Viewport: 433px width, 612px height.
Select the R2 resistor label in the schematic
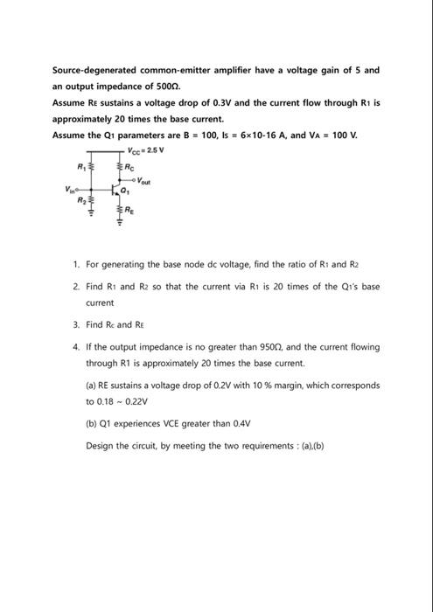84,201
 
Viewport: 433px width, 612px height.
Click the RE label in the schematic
131,211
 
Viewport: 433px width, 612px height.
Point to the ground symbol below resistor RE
121,230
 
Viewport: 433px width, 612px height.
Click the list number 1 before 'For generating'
76,263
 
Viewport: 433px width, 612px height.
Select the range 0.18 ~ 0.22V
116,402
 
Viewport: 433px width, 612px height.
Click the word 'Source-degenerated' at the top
91,69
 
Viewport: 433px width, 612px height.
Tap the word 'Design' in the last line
99,445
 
